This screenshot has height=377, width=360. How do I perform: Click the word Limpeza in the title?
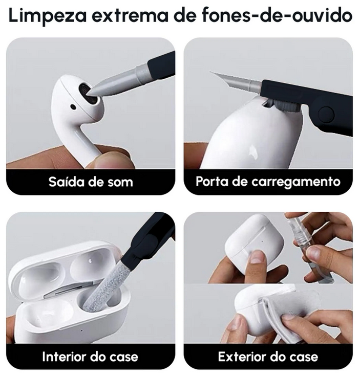[x=48, y=16]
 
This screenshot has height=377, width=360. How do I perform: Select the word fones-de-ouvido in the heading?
[x=278, y=15]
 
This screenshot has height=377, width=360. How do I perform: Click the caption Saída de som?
[x=91, y=182]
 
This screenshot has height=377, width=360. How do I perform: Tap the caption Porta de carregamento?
[x=268, y=182]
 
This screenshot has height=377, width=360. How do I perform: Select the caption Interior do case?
[x=90, y=357]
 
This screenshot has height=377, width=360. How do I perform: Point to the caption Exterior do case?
[x=268, y=357]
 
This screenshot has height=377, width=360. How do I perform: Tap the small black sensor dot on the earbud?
[x=73, y=106]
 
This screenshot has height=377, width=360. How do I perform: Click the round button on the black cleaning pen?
[x=326, y=115]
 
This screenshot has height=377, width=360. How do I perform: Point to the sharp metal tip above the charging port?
[x=211, y=72]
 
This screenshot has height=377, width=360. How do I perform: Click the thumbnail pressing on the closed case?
[x=257, y=257]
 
